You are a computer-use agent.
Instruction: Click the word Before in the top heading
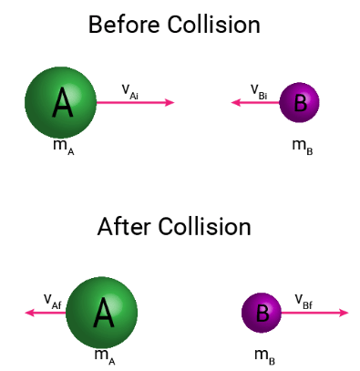click(123, 25)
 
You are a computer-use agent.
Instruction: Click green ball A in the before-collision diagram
click(61, 103)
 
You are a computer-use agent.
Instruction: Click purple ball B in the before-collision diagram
click(299, 103)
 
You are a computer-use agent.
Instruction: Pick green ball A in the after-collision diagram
click(102, 313)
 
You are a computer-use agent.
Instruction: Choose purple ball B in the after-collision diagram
click(262, 313)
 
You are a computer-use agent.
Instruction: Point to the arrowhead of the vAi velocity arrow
click(170, 103)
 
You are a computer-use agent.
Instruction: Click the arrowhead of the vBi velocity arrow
click(236, 103)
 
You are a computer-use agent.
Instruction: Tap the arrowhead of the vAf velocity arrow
click(30, 313)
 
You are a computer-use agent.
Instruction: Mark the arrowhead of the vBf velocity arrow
click(344, 313)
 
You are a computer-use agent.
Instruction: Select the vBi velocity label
click(261, 89)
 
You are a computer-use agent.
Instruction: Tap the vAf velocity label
click(52, 299)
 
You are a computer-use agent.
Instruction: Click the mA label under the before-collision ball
click(63, 148)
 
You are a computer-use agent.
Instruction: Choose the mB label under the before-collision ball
click(303, 146)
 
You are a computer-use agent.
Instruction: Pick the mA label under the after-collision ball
click(105, 356)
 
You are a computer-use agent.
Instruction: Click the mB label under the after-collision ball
click(264, 356)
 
